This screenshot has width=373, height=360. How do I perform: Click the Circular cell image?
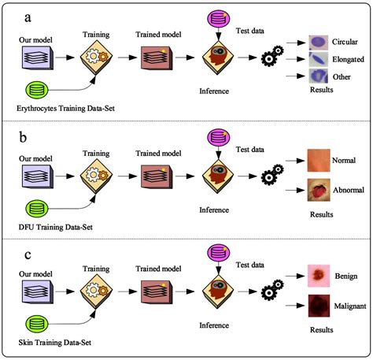pos(319,40)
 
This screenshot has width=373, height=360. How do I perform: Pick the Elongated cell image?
pos(319,58)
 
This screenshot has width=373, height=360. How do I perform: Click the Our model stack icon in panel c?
pos(37,290)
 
